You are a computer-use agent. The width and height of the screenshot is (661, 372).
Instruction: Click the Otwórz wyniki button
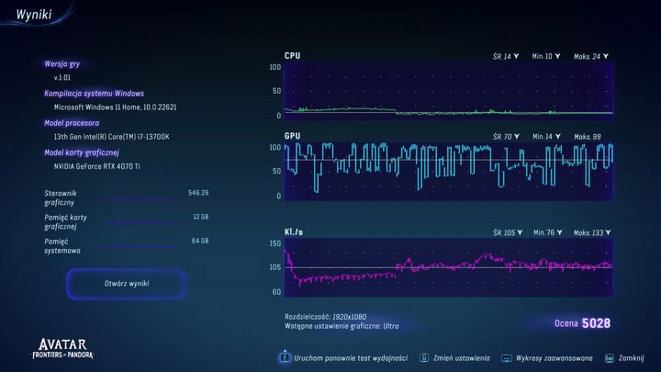pos(127,283)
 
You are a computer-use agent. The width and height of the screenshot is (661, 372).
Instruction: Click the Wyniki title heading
pos(33,14)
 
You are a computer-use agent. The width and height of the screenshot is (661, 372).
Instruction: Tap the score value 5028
pos(596,323)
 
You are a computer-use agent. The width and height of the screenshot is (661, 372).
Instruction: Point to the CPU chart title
pos(292,56)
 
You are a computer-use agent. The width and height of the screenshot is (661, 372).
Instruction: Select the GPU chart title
pos(292,136)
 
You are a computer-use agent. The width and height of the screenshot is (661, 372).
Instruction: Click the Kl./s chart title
pos(295,232)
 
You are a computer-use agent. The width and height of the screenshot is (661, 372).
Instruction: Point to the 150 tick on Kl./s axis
pos(274,243)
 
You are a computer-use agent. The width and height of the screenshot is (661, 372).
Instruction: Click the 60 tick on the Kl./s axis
pos(275,291)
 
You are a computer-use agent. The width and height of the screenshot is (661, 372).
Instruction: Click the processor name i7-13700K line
pos(111,137)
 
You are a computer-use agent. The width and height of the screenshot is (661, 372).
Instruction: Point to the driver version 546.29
pos(198,193)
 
